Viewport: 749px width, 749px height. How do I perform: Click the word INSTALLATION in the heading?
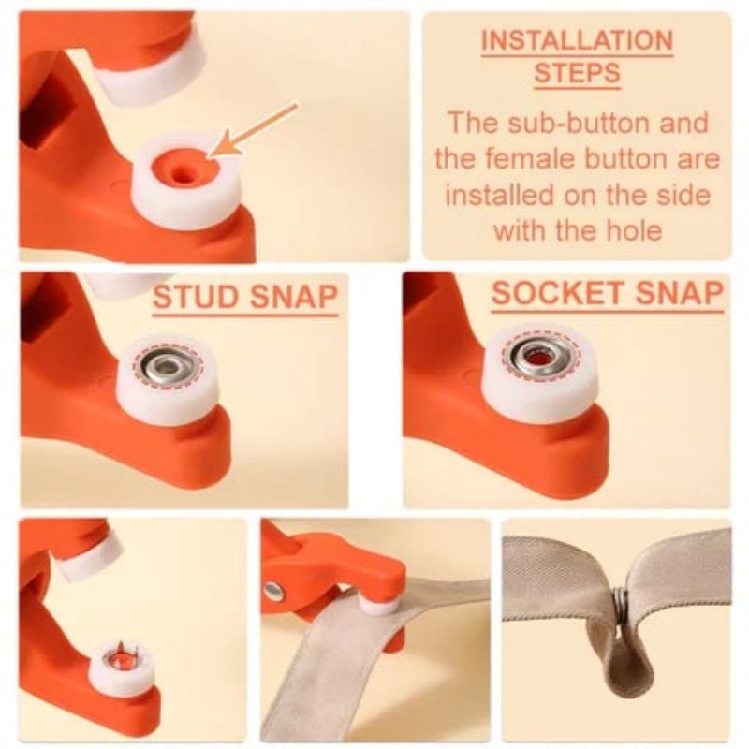[x=577, y=41]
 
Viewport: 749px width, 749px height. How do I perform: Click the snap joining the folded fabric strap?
[x=621, y=606]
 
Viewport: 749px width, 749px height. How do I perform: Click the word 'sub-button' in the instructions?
[x=650, y=123]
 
